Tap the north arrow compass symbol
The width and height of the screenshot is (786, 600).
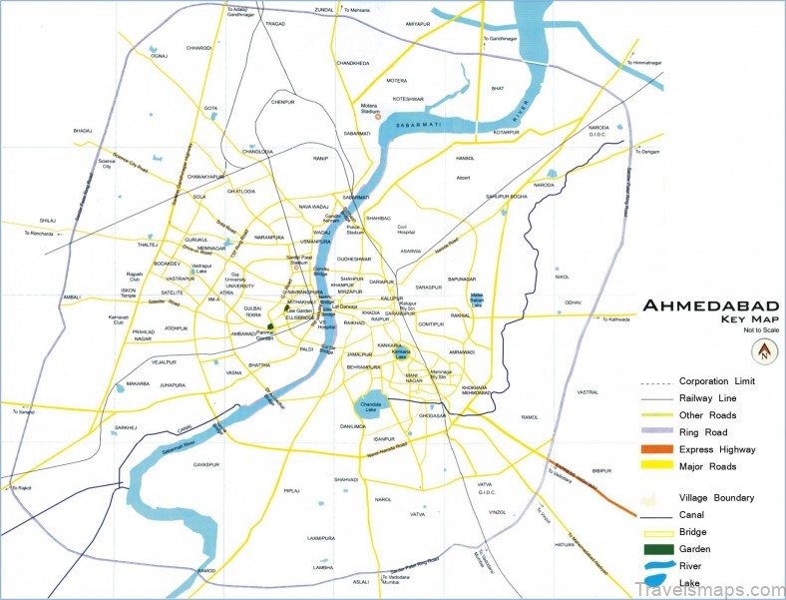(x=763, y=351)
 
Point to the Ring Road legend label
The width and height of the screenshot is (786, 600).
(x=702, y=433)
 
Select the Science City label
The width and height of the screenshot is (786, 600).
(x=107, y=164)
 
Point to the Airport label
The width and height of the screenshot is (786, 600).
(x=463, y=178)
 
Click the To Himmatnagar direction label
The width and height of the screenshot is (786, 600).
(x=645, y=63)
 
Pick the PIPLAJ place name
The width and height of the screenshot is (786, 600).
(x=291, y=491)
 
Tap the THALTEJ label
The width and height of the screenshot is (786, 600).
(x=149, y=245)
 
